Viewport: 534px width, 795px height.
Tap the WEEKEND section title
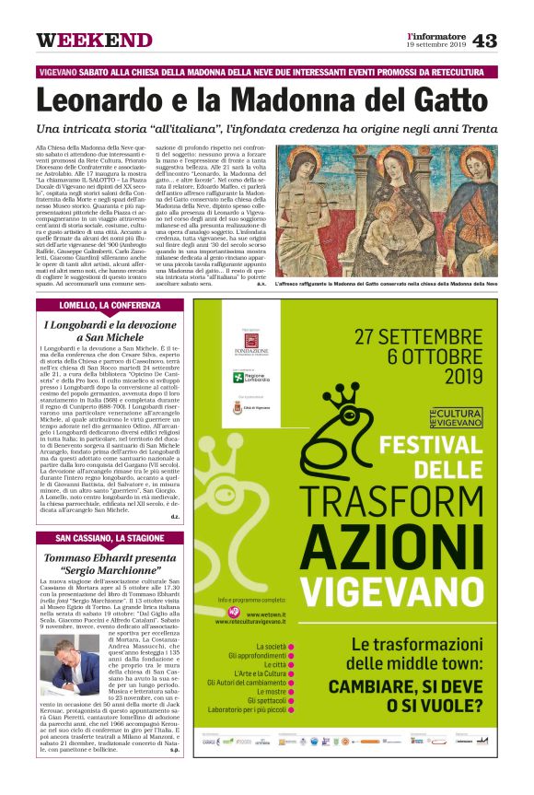tap(94, 41)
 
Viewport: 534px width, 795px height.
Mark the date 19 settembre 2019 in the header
tap(436, 44)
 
